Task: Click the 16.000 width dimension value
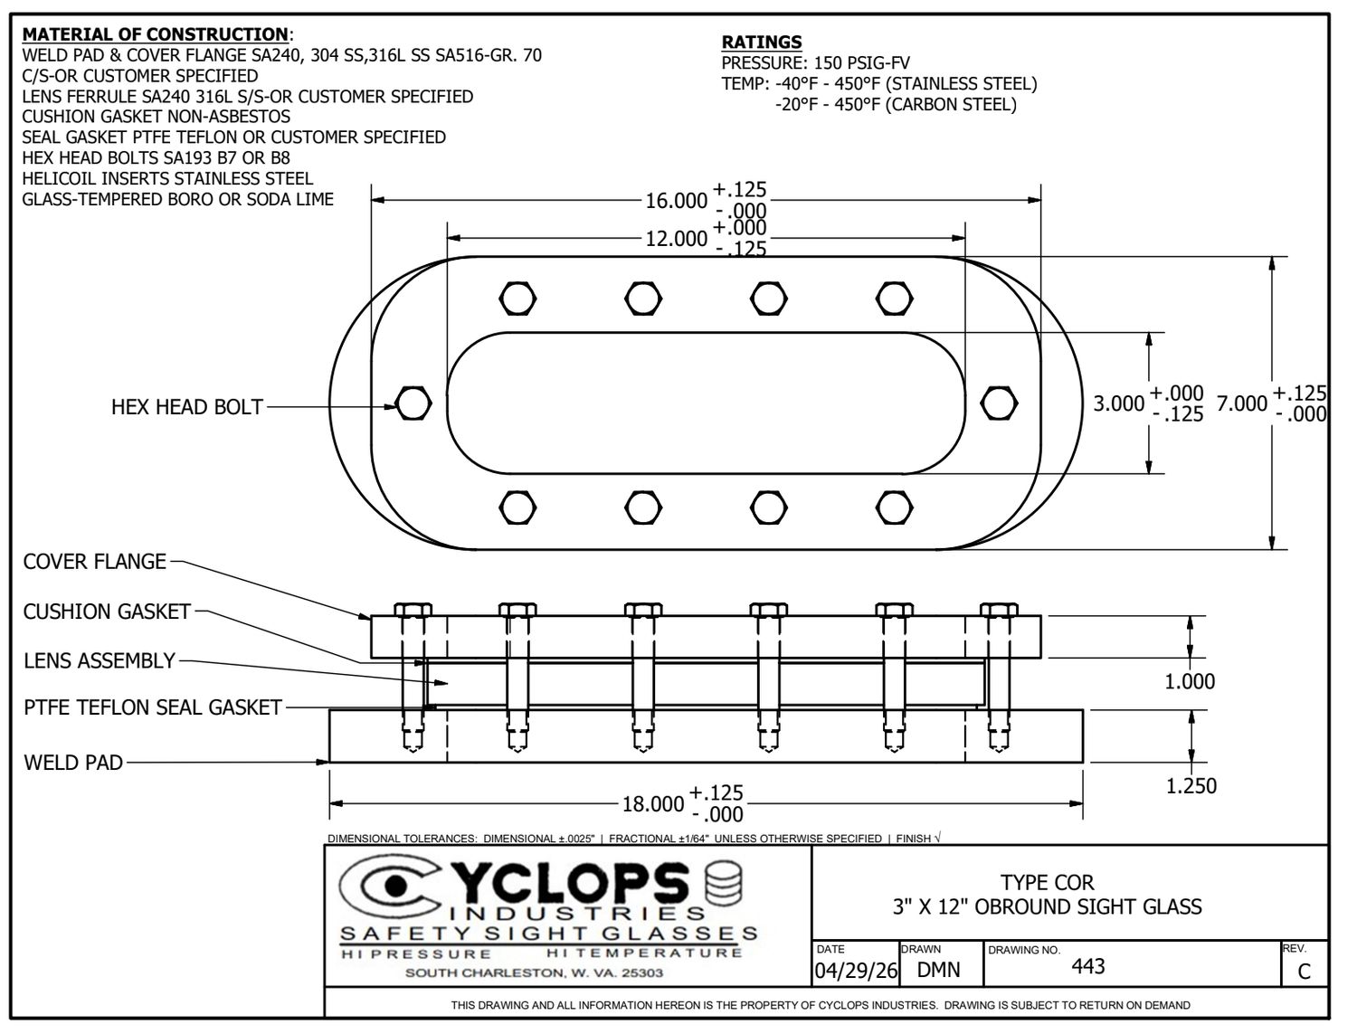click(676, 201)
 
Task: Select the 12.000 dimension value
click(676, 239)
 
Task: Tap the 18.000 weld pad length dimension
click(652, 804)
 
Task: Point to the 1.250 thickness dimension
click(1191, 785)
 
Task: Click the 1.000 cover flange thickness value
click(1190, 681)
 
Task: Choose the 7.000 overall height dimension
click(1241, 403)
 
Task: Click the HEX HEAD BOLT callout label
click(186, 407)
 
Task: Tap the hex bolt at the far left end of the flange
click(413, 403)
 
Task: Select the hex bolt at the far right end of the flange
click(999, 403)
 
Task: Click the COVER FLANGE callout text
click(95, 561)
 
